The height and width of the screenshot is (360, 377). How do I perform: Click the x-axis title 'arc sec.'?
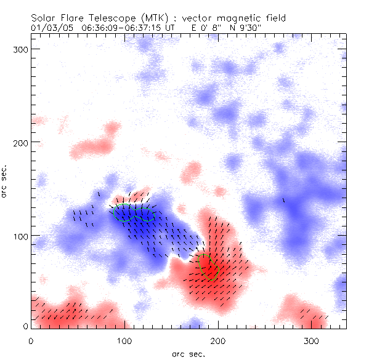[188, 353]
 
